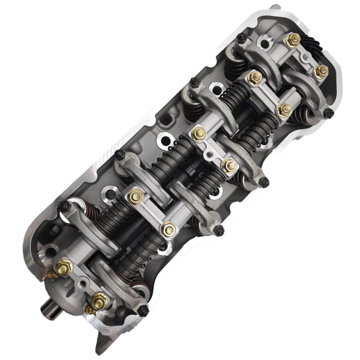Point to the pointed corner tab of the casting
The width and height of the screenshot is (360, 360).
pos(99,345)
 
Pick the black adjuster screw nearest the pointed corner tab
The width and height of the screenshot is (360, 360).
pos(144,310)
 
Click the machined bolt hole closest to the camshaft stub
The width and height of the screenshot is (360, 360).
pos(48,252)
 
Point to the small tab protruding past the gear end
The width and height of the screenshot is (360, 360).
pos(276,6)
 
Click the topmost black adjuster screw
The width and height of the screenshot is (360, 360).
pos(241,37)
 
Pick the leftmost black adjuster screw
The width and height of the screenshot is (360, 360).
pos(63,205)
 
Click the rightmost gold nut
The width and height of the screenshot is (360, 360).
pos(321,71)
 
